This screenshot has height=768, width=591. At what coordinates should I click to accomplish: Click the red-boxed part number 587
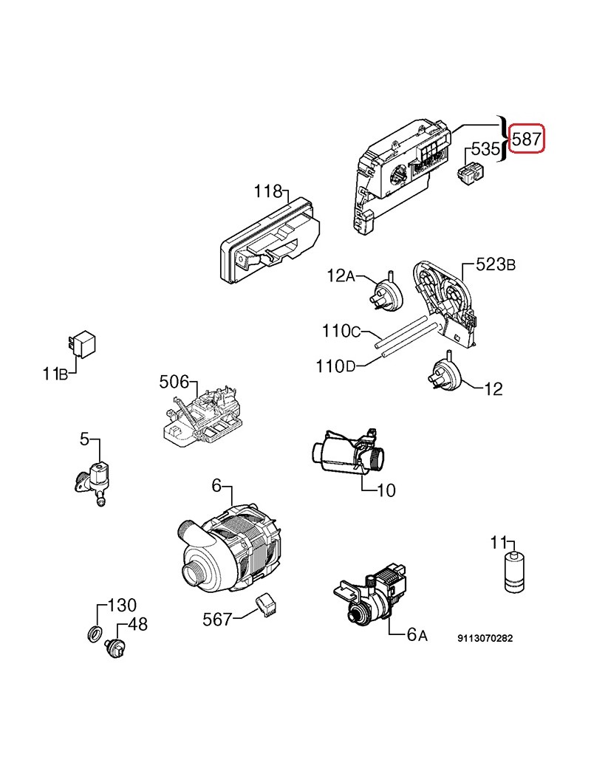pyautogui.click(x=529, y=138)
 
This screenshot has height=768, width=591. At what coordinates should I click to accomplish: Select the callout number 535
pyautogui.click(x=485, y=148)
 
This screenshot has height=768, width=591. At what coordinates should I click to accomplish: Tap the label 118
pyautogui.click(x=267, y=192)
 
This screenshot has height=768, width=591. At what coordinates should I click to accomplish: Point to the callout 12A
pyautogui.click(x=341, y=276)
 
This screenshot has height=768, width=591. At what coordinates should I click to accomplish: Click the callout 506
pyautogui.click(x=174, y=382)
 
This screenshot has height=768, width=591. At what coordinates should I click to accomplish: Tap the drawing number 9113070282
pyautogui.click(x=485, y=639)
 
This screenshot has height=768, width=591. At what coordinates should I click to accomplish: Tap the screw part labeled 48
pyautogui.click(x=115, y=648)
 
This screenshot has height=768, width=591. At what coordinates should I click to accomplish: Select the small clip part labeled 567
pyautogui.click(x=265, y=605)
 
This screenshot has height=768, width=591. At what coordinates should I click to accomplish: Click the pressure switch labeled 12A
pyautogui.click(x=388, y=292)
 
